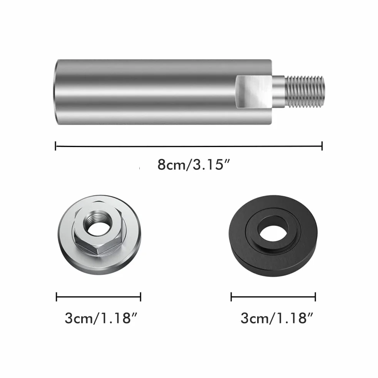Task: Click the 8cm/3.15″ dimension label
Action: coord(194,165)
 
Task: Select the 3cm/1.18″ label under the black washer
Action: coord(277,318)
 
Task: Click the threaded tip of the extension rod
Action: coord(305,91)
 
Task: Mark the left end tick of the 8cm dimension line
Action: coord(56,146)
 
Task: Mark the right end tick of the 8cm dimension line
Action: coord(322,146)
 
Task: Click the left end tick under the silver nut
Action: coord(57,297)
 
